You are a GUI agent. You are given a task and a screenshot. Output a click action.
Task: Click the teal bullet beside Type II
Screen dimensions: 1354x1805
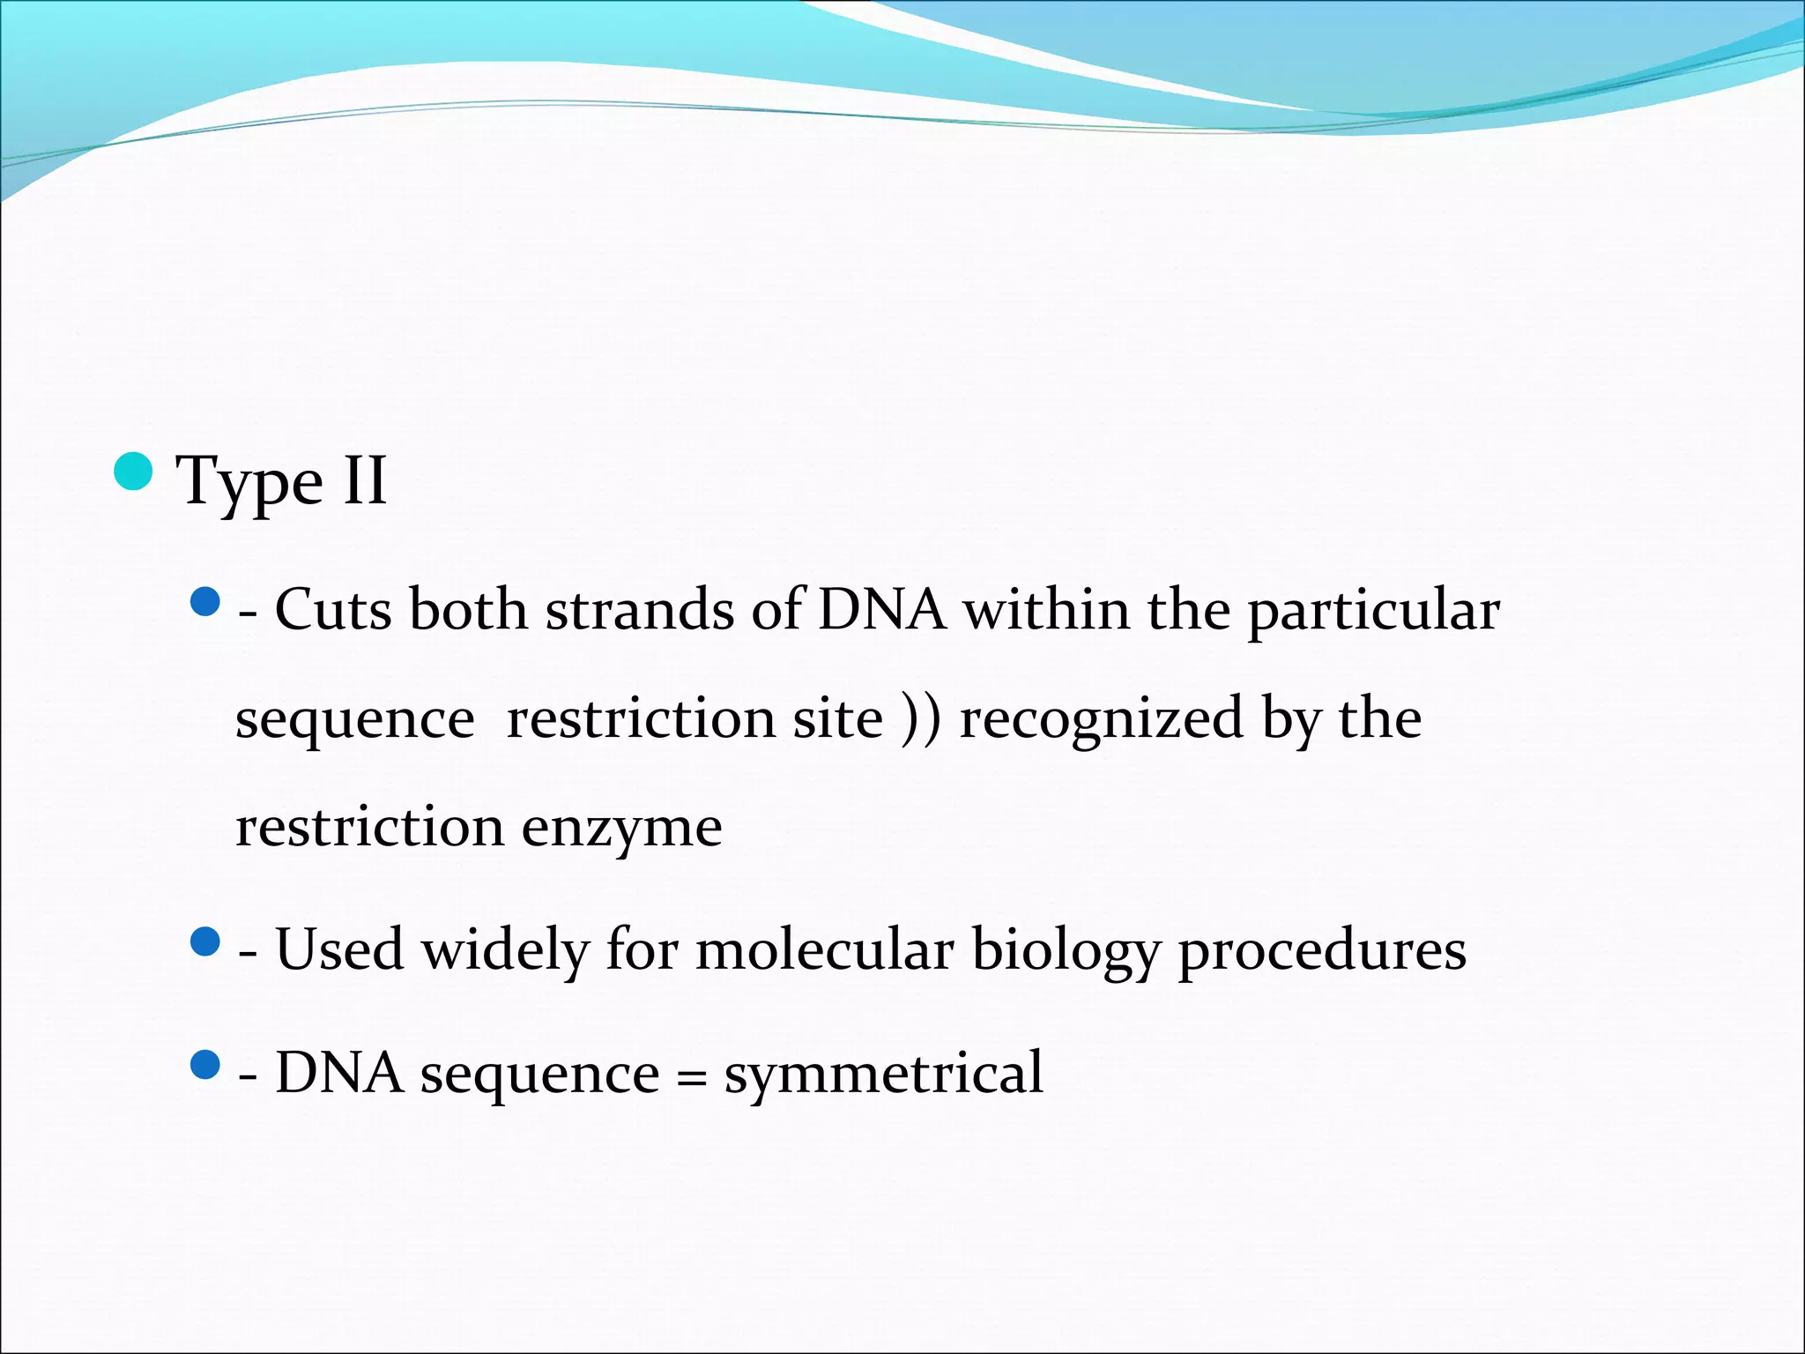tap(134, 472)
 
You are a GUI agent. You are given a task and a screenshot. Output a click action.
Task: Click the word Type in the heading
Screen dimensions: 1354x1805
tap(250, 482)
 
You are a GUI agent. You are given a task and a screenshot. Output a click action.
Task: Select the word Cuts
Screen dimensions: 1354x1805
tap(332, 610)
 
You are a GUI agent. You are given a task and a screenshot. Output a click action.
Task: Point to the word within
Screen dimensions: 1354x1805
tap(1046, 610)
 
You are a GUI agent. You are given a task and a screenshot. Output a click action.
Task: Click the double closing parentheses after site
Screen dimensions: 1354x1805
tap(921, 718)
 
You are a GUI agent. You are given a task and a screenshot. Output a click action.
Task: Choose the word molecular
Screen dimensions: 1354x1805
tap(825, 949)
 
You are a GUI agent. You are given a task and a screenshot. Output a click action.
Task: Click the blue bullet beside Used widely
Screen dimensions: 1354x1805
tap(204, 942)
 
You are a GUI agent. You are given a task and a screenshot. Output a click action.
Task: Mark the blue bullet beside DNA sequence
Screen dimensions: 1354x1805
tap(204, 1065)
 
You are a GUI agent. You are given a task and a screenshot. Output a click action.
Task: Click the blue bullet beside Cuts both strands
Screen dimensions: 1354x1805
tap(204, 603)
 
